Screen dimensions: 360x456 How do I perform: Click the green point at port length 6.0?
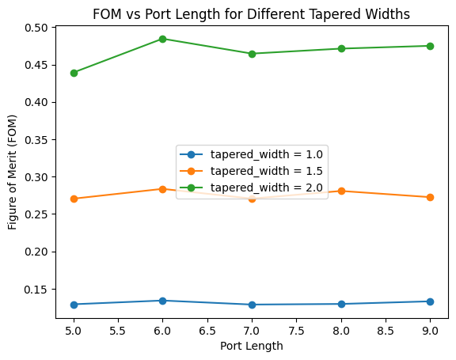[x=162, y=39]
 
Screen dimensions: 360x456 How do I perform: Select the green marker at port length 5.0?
[x=74, y=73]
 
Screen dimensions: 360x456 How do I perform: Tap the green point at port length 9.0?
[x=430, y=46]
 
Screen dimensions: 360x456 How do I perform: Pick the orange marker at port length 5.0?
[x=74, y=199]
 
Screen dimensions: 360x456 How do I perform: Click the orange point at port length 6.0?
[x=162, y=189]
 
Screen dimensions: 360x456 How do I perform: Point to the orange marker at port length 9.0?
[x=430, y=197]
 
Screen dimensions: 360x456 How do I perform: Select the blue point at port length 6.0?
[x=162, y=301]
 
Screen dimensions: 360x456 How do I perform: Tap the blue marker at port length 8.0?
[x=340, y=304]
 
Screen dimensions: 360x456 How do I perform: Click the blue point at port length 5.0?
[x=74, y=305]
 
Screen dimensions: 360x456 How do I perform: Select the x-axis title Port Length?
[x=252, y=346]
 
